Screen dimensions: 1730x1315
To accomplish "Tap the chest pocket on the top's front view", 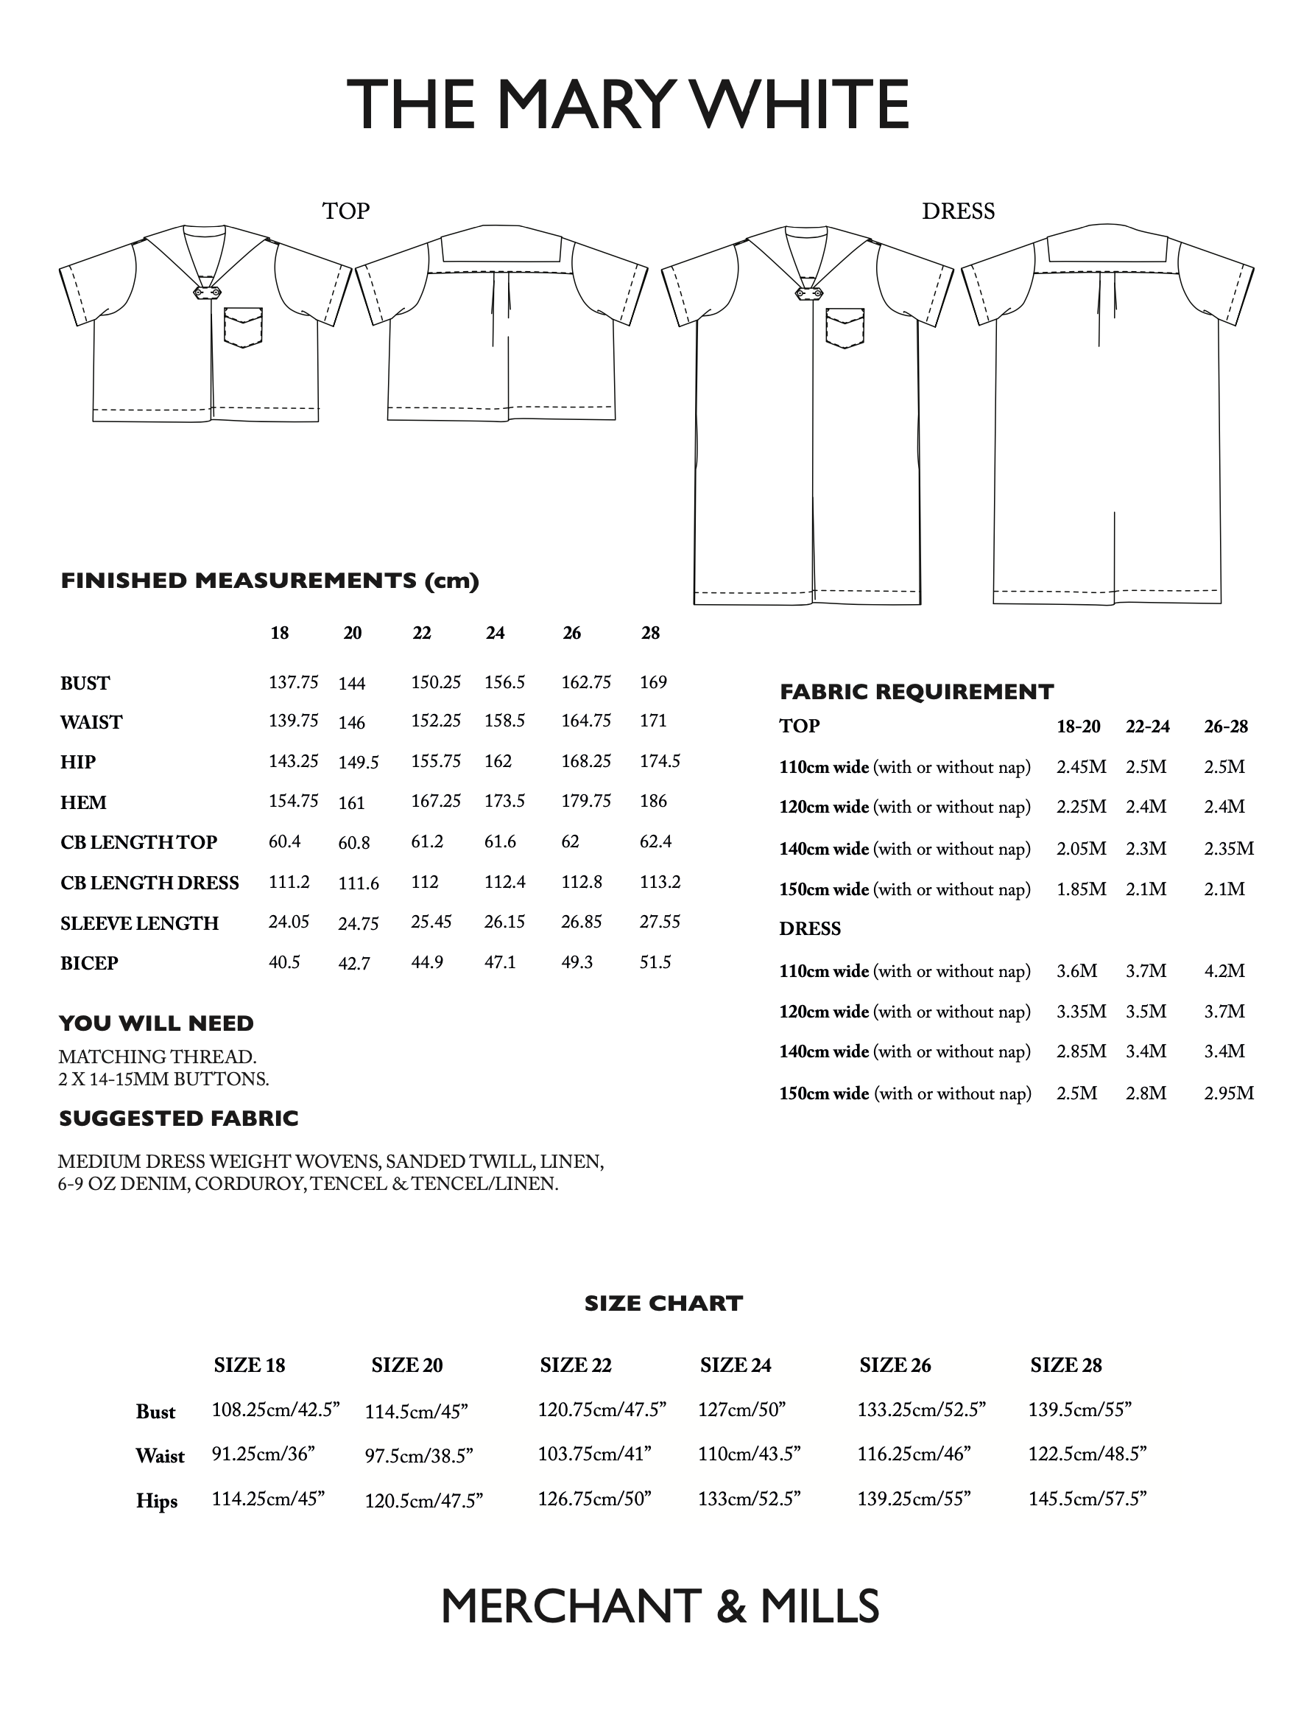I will coord(243,327).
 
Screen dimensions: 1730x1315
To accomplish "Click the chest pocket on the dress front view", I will coord(845,327).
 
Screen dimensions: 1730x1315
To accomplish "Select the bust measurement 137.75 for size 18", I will coord(294,682).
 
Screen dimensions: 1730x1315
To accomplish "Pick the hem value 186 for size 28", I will coord(653,801).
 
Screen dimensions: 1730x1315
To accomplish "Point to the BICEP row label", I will coord(89,963).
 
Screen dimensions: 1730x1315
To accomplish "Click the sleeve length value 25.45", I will coord(431,922).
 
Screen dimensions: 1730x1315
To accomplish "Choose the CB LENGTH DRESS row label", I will coord(149,883).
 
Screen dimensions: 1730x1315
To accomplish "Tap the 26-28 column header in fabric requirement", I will coord(1226,726).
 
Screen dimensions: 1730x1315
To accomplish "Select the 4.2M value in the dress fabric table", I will coord(1224,971).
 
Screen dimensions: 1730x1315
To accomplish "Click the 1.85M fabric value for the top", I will coord(1081,889).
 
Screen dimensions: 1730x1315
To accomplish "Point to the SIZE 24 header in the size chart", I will coord(736,1365).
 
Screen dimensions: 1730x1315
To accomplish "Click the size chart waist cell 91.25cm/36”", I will coord(263,1454).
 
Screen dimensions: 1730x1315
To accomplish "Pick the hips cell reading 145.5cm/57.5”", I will coord(1087,1498).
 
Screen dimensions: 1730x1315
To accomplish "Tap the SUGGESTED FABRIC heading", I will coord(179,1118).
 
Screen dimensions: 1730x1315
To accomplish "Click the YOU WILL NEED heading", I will coord(157,1023).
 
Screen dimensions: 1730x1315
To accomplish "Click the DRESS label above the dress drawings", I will coord(958,211).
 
